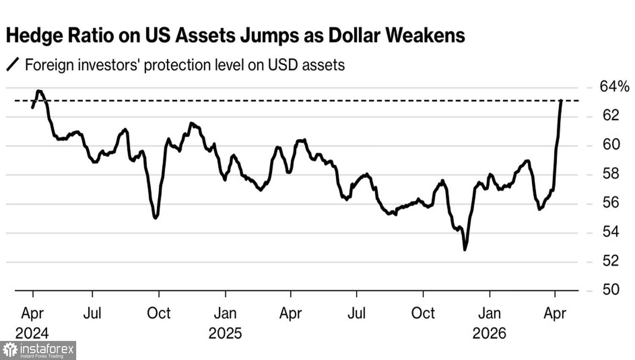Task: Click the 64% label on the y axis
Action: [614, 87]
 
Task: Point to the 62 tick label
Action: [610, 115]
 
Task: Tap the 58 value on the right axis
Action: [610, 174]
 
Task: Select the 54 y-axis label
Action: [610, 232]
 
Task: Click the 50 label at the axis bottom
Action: [610, 290]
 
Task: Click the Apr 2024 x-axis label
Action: [32, 323]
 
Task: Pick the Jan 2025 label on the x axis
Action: [225, 323]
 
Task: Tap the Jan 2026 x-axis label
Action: [489, 323]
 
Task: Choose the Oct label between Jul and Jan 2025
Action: [159, 313]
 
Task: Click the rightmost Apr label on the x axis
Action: [555, 313]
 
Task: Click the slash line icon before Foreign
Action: [13, 65]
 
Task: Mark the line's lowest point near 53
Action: [465, 249]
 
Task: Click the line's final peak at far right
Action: [561, 101]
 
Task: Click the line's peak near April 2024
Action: [39, 91]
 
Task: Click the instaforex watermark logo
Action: [38, 350]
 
